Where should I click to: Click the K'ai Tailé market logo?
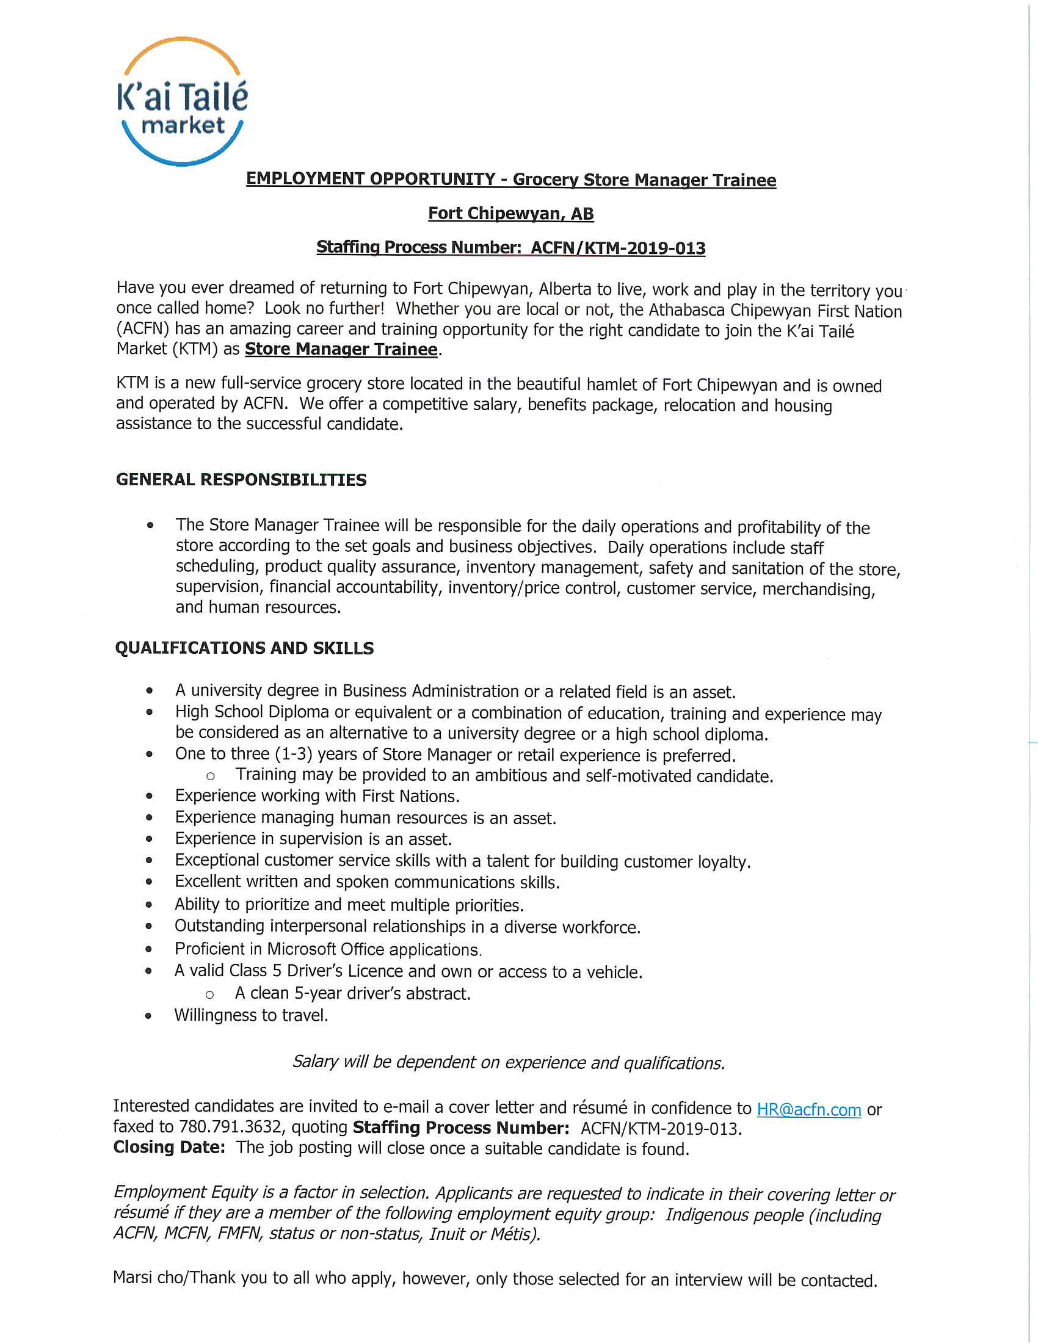pyautogui.click(x=183, y=101)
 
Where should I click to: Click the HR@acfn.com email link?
pyautogui.click(x=808, y=1110)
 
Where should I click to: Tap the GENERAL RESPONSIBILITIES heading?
pyautogui.click(x=241, y=480)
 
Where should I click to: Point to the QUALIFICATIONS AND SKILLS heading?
pyautogui.click(x=244, y=648)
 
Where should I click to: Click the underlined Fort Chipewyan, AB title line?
pyautogui.click(x=510, y=214)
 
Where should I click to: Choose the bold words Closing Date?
pyautogui.click(x=169, y=1148)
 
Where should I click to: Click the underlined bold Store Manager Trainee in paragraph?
pyautogui.click(x=341, y=349)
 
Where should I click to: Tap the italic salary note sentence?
pyautogui.click(x=509, y=1063)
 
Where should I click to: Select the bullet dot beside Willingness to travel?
pyautogui.click(x=149, y=1016)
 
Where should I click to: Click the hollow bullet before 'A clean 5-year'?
pyautogui.click(x=209, y=995)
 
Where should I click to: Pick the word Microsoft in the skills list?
pyautogui.click(x=301, y=949)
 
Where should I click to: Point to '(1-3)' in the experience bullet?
pyautogui.click(x=294, y=754)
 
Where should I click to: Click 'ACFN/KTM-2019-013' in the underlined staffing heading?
pyautogui.click(x=618, y=248)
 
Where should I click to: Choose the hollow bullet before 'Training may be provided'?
pyautogui.click(x=210, y=776)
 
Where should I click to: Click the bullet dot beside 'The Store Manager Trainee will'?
pyautogui.click(x=150, y=525)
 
